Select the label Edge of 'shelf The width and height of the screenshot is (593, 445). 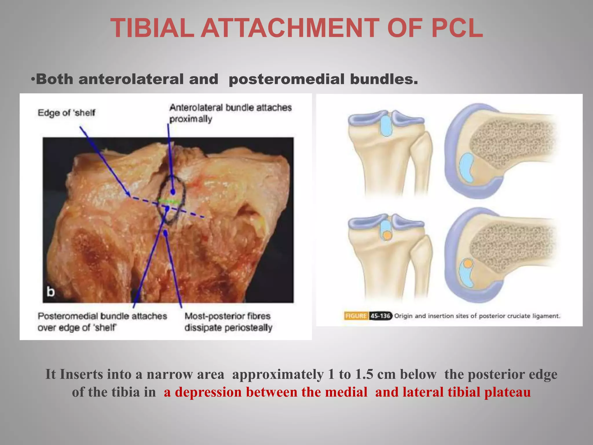tap(66, 113)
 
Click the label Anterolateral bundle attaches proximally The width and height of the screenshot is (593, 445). tap(230, 113)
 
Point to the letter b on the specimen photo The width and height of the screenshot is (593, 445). tap(51, 292)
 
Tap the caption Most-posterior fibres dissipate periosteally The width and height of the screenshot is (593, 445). tap(228, 322)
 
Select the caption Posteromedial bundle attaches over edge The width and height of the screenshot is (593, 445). tap(102, 322)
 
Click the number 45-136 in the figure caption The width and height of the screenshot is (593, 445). tap(380, 316)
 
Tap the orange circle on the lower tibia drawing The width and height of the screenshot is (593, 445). tap(387, 236)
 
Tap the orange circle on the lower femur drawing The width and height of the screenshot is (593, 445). tap(468, 264)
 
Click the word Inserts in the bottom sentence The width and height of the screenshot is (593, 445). tap(81, 374)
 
